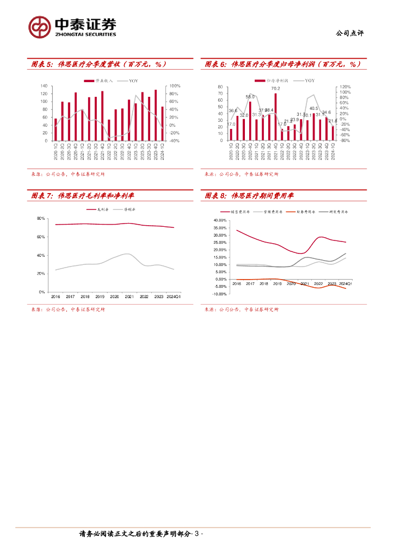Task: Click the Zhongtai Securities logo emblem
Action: click(x=39, y=27)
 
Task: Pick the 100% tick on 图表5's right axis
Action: click(x=175, y=86)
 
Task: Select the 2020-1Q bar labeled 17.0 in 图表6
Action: click(x=231, y=134)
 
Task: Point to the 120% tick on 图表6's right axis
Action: click(x=346, y=86)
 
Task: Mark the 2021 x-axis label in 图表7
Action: click(x=129, y=296)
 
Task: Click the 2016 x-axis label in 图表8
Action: click(x=237, y=284)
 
